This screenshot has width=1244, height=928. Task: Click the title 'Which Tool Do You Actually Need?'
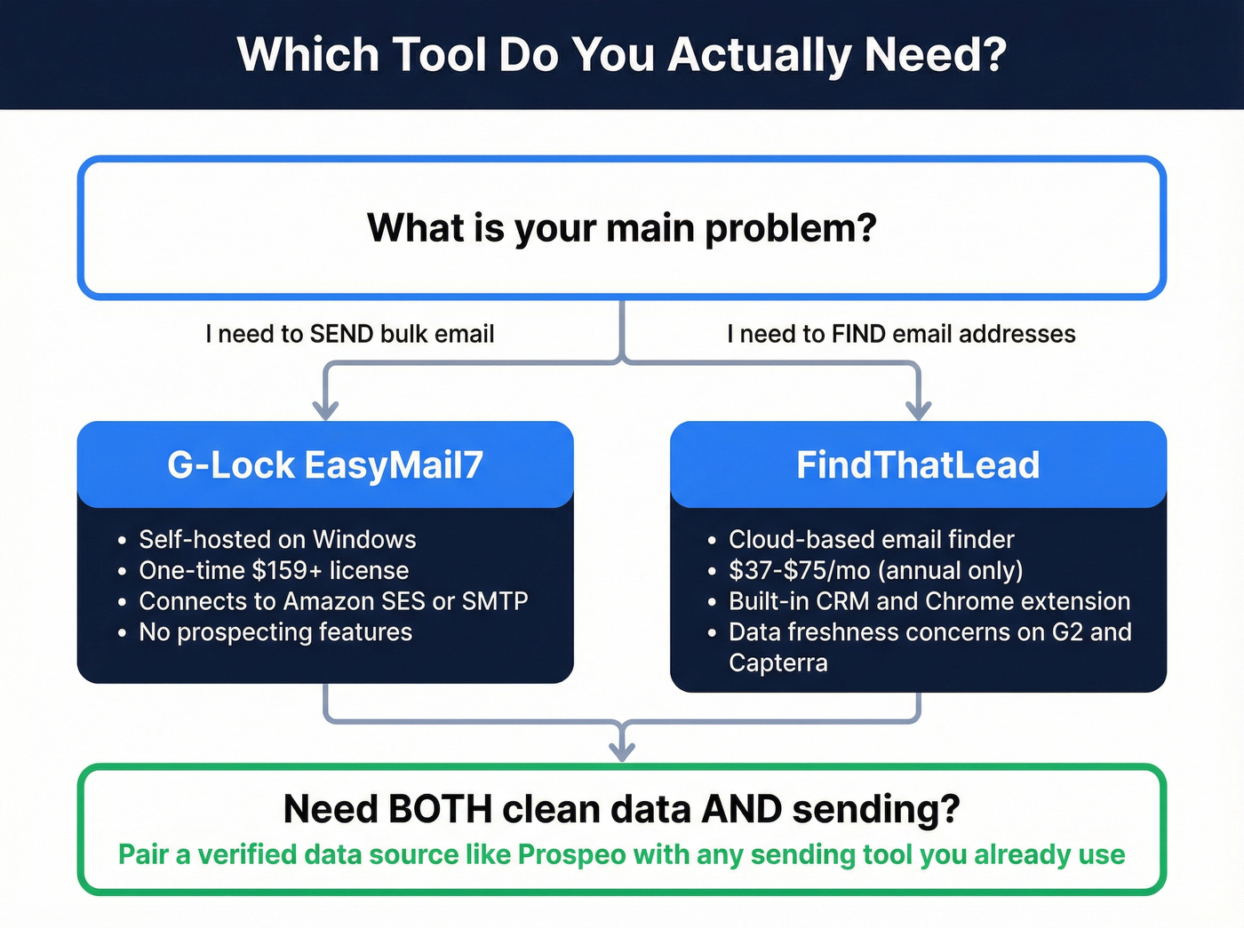point(621,55)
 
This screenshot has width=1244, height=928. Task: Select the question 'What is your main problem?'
point(621,228)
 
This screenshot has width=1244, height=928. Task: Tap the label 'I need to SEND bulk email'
point(349,334)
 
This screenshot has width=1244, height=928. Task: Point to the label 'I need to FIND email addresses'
point(900,334)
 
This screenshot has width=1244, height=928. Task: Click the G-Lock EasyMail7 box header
point(325,464)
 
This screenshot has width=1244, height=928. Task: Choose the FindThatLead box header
point(918,464)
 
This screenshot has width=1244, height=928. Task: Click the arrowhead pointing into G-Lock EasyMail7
point(326,409)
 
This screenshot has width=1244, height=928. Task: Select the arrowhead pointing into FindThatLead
point(918,409)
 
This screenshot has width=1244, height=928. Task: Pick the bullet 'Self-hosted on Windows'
point(277,539)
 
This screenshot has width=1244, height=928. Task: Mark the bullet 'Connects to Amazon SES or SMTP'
point(333,601)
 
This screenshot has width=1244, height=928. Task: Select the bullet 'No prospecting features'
point(275,632)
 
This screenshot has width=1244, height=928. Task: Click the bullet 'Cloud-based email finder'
point(871,539)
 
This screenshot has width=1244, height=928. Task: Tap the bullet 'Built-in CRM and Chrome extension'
point(929,601)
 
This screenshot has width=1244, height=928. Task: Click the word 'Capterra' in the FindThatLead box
point(777,663)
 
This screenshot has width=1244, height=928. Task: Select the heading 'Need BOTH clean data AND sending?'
point(621,809)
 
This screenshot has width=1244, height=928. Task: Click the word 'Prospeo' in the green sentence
point(572,854)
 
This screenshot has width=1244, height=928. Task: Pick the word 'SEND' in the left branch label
point(341,334)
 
